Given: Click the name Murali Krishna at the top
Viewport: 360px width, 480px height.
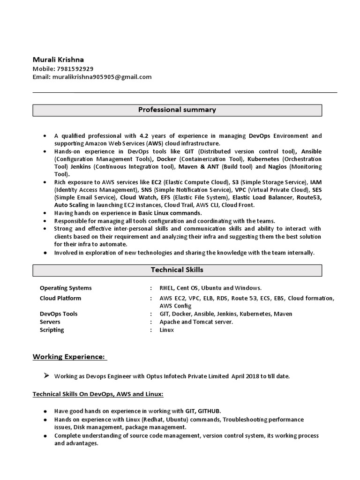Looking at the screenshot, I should coord(58,60).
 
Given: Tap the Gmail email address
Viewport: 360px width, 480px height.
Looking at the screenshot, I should coord(102,77).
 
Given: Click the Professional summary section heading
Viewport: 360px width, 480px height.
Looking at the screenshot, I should coord(177,110).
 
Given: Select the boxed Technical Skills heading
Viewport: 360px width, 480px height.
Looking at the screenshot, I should coord(177,270).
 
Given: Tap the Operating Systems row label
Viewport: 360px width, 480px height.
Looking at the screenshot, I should coord(66,288).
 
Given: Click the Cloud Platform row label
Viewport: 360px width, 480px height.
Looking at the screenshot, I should coord(60,298).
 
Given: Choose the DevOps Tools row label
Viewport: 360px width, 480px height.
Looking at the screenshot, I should coord(59,314).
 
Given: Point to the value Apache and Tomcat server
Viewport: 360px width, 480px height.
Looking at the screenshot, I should coord(196,322).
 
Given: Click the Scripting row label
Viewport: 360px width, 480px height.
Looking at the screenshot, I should coord(52,330).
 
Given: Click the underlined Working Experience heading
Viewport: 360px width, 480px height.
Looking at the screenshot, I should coord(69,357).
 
